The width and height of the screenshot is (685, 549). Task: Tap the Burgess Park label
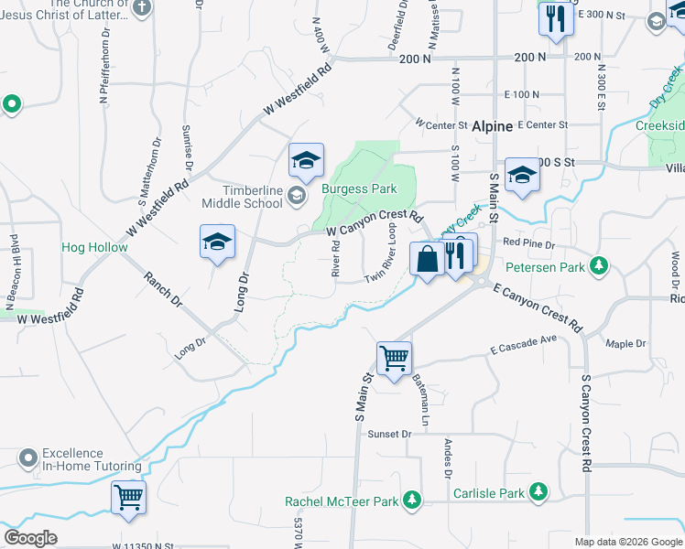click(x=359, y=188)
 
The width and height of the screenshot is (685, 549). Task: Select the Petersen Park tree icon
click(x=599, y=266)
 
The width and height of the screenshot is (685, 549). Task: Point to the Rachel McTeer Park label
click(x=342, y=501)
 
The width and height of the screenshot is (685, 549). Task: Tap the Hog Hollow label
click(x=94, y=247)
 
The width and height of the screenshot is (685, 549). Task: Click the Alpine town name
click(x=492, y=127)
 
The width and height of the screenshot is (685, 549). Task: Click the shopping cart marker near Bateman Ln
click(x=394, y=358)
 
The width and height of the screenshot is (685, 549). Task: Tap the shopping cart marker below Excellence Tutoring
click(x=128, y=499)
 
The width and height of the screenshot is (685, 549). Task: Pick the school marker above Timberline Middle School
click(x=306, y=161)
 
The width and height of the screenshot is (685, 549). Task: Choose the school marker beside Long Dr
click(x=217, y=242)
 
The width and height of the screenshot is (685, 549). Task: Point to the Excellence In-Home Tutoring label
click(x=92, y=460)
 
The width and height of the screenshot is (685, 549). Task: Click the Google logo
click(x=31, y=538)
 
